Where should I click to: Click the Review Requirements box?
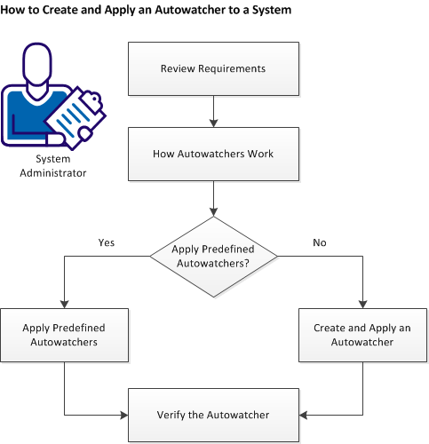[214, 68]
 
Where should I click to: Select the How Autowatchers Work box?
[214, 154]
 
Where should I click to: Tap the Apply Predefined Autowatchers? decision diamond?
[214, 258]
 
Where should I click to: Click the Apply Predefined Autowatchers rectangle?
[65, 334]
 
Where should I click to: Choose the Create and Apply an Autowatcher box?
[362, 334]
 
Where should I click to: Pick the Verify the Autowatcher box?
[214, 415]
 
